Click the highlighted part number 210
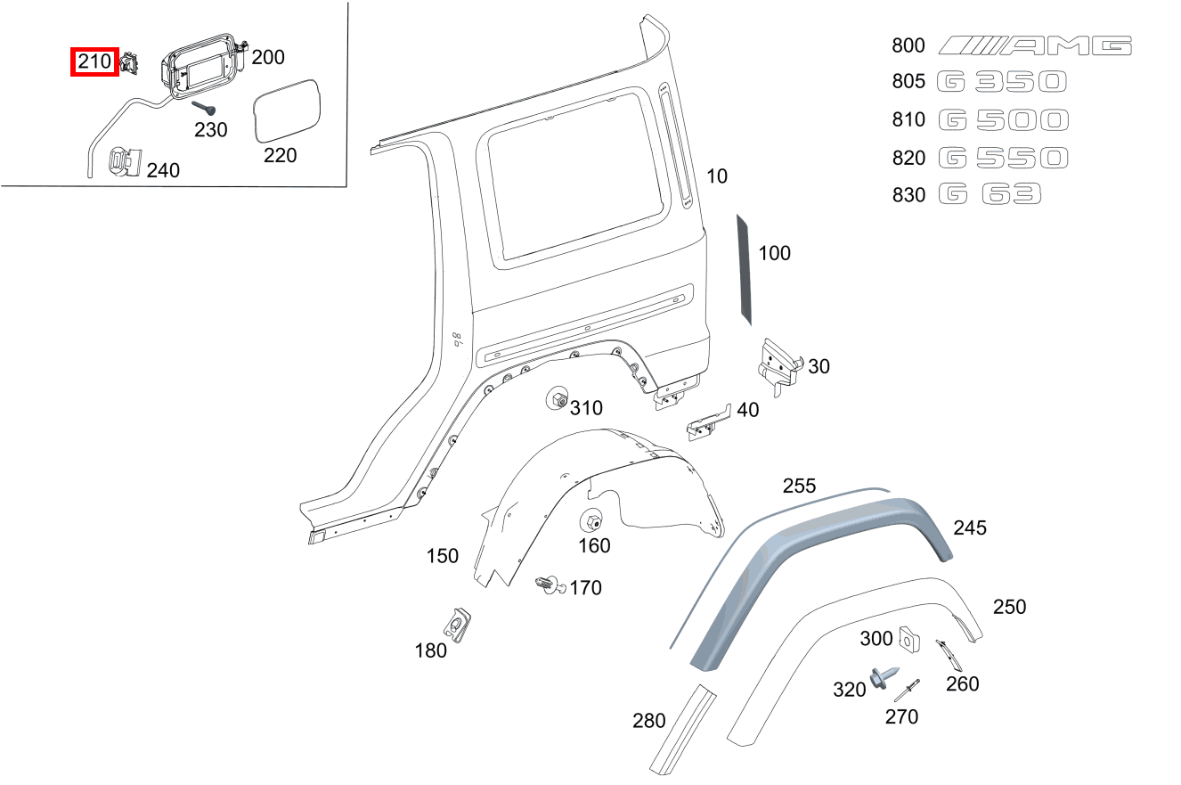94,62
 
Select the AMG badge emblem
1036,45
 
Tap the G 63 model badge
990,194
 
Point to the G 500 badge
1003,120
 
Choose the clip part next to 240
123,162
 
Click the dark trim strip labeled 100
745,268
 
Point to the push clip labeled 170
549,585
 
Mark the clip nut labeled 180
459,623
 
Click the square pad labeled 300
908,637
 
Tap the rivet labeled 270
907,690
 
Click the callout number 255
799,486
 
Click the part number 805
908,82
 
